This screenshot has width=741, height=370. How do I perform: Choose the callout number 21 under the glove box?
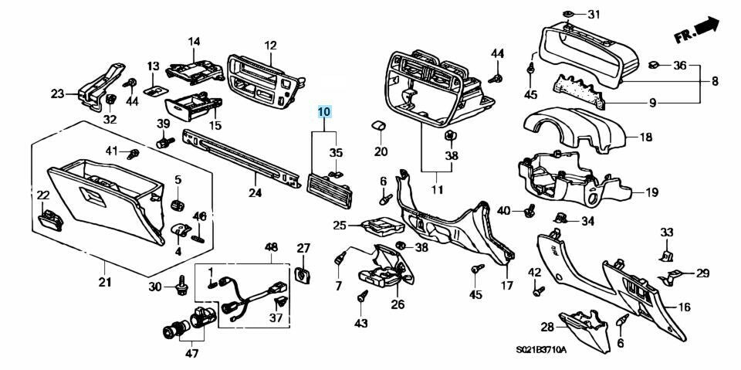pos(105,281)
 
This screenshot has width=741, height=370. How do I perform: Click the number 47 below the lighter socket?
pos(191,354)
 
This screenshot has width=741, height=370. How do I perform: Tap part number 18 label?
pos(646,137)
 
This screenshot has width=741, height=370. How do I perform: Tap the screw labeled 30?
pos(183,286)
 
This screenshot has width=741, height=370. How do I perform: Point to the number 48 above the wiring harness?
pos(271,247)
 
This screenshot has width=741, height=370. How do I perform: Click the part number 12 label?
pos(270,46)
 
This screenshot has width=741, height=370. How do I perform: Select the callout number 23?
pos(58,94)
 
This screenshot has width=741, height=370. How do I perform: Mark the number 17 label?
pos(506,285)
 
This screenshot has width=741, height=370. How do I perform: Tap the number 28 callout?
pos(546,327)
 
